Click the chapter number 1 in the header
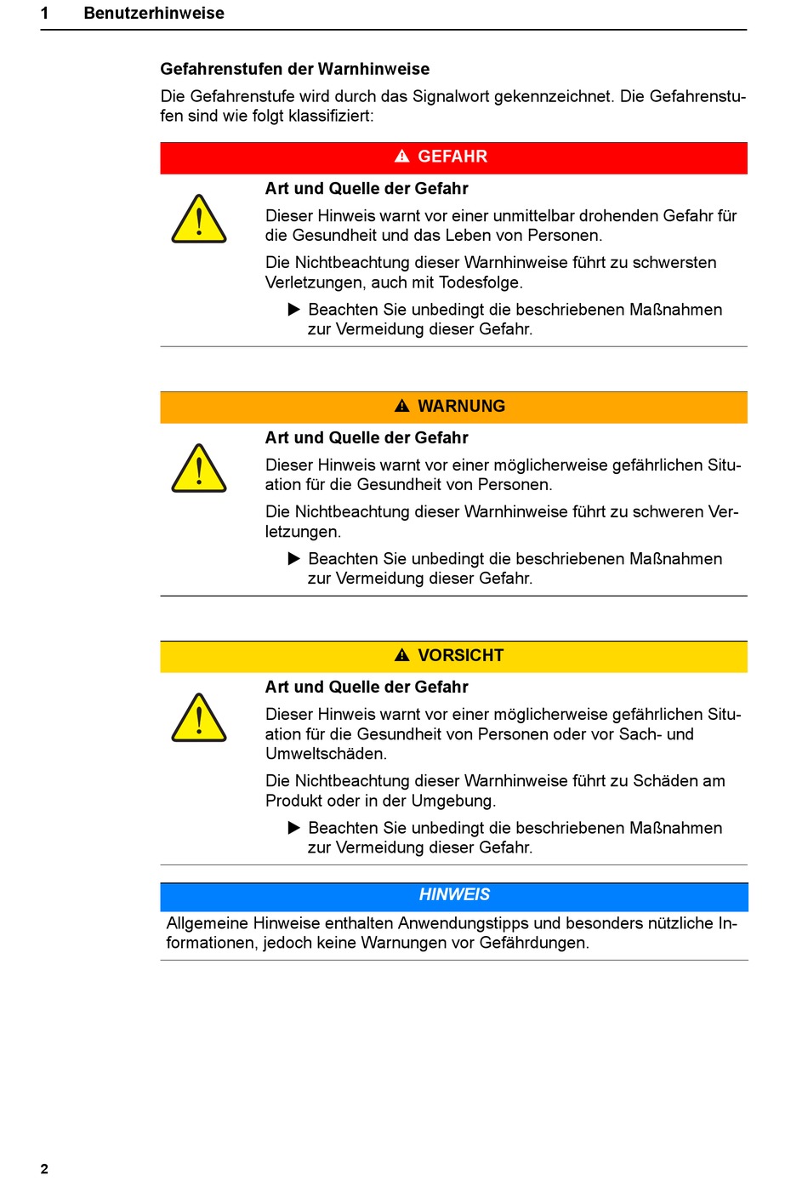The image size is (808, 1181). tap(44, 14)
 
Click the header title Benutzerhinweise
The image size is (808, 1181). tap(154, 14)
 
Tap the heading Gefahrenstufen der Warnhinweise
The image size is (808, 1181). tap(294, 69)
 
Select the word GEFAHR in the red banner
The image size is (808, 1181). tap(452, 157)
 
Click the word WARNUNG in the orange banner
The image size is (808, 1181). tap(461, 406)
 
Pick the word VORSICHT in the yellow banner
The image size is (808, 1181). tap(460, 655)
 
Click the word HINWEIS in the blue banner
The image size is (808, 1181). tap(454, 895)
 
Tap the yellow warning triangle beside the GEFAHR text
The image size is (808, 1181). tap(199, 220)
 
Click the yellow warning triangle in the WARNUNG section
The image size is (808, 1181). tap(199, 470)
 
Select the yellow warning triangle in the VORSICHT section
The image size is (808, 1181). tap(199, 719)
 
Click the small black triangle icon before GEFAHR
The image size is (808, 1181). tap(402, 157)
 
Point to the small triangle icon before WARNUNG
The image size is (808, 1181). tap(402, 406)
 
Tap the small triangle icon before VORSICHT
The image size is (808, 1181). tap(402, 655)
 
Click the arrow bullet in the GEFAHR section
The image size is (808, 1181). tap(294, 309)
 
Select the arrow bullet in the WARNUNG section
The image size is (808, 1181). tap(294, 558)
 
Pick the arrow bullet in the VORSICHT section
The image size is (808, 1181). tap(294, 827)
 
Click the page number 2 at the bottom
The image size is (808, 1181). tap(44, 1168)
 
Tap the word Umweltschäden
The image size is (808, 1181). tap(326, 754)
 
